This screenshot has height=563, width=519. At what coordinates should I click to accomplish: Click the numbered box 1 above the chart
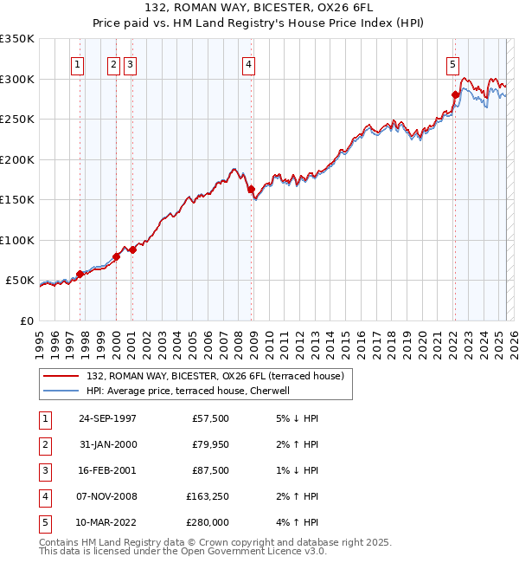(x=78, y=63)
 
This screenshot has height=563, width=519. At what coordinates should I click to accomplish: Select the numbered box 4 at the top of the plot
(x=248, y=63)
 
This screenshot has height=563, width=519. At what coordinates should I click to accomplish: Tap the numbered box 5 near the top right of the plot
(x=452, y=63)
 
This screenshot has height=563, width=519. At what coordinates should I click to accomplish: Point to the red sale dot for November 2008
(x=251, y=189)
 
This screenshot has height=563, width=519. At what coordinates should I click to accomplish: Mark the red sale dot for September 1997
(x=80, y=275)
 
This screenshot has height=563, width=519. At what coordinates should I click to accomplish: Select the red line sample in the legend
(x=61, y=376)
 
